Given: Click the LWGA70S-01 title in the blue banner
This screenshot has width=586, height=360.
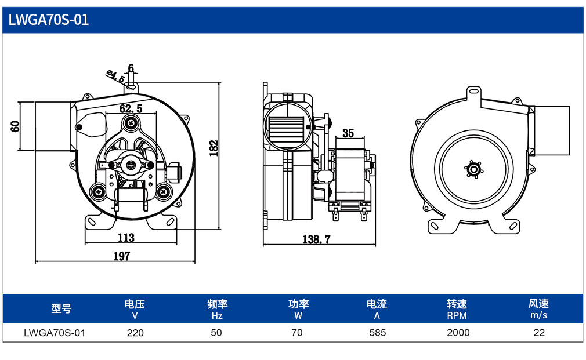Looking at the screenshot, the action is [49, 20].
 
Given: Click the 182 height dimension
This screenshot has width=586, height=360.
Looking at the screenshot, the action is [214, 148].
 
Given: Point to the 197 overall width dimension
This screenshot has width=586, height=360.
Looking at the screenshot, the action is [122, 256].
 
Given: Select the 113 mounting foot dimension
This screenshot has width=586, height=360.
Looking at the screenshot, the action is [126, 238].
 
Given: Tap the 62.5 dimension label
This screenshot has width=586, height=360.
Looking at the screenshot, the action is [131, 108].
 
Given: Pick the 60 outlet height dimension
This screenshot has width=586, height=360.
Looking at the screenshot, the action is [15, 126].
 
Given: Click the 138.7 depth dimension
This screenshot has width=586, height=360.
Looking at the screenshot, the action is [317, 239].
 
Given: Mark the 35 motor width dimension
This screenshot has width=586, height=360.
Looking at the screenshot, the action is [348, 133].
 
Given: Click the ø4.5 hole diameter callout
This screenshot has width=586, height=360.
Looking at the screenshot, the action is [116, 76].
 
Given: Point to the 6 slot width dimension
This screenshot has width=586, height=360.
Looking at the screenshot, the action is [131, 68].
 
